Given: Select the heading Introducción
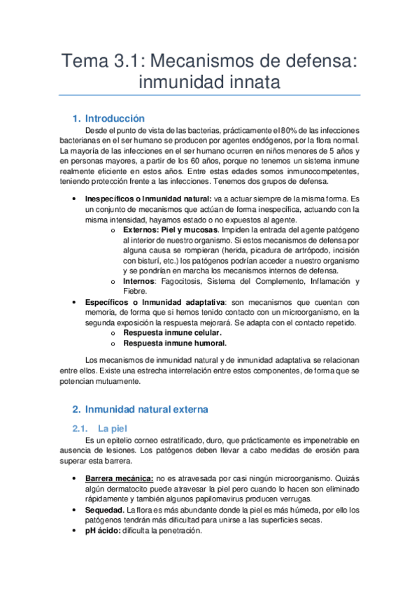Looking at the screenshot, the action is pos(115,118).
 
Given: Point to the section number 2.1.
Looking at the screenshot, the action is pos(81,427).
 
